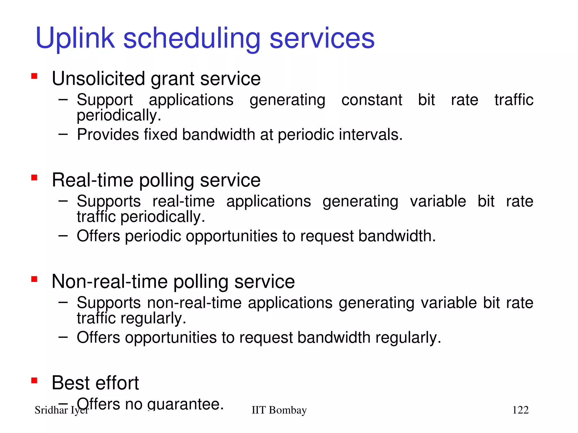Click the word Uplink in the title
click(x=75, y=39)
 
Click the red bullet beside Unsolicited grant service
click(x=34, y=76)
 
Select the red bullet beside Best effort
click(x=34, y=381)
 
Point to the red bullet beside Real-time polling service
click(x=34, y=178)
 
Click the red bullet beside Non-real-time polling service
click(x=34, y=279)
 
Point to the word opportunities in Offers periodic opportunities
click(x=231, y=236)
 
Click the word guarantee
click(x=185, y=404)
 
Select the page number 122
click(x=520, y=410)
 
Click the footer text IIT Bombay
click(x=279, y=410)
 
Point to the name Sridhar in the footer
click(x=51, y=410)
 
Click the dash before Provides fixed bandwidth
click(x=63, y=134)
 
